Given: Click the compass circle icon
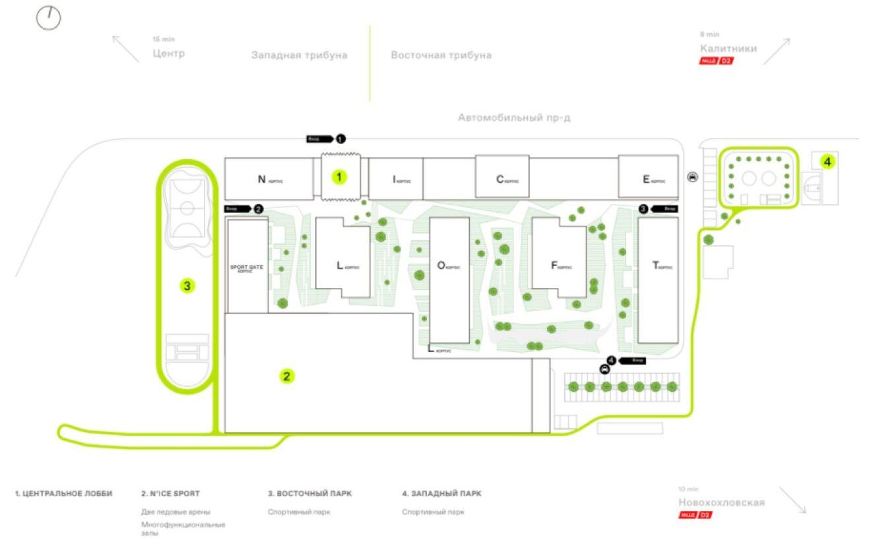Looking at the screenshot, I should click(48, 18).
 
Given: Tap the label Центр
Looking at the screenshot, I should click(168, 53).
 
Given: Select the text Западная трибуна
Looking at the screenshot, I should click(299, 55).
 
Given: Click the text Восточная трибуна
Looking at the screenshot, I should click(441, 55).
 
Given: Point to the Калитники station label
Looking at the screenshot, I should click(728, 49).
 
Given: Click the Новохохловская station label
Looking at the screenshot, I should click(721, 502).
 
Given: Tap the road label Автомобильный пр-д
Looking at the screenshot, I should click(514, 118).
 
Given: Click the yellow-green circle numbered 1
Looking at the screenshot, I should click(339, 177).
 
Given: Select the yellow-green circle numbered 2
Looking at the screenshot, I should click(286, 376).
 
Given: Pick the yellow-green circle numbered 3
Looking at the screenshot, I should click(187, 286).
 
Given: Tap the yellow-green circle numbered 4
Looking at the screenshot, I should click(827, 160).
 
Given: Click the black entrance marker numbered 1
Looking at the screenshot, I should click(340, 139).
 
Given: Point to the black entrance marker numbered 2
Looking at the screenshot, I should click(259, 209).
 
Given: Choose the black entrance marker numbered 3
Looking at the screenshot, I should click(643, 209).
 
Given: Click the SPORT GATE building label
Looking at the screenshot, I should click(247, 268).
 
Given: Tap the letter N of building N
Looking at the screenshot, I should click(261, 179).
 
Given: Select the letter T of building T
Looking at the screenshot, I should click(655, 265).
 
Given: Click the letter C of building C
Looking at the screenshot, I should click(500, 179).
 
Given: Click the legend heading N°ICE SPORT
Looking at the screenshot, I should click(170, 493).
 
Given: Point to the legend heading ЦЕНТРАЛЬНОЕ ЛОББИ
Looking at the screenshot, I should click(63, 493).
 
